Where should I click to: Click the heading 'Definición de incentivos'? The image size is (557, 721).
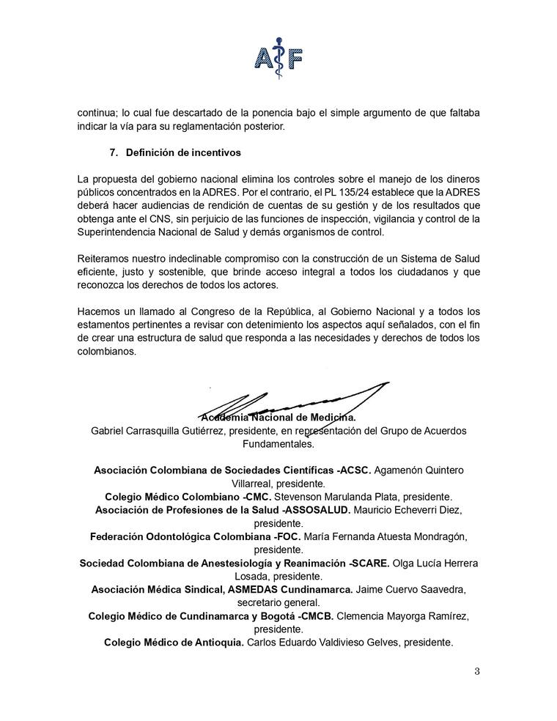point(183,153)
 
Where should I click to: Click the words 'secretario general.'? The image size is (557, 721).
point(278,602)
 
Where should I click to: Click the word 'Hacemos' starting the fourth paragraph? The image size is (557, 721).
point(100,311)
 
